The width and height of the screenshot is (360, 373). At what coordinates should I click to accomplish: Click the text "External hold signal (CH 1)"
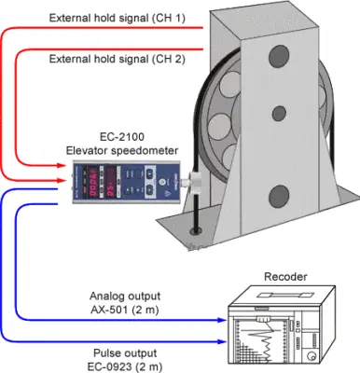(x=118, y=19)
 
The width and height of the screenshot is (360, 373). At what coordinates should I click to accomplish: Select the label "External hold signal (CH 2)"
(x=118, y=59)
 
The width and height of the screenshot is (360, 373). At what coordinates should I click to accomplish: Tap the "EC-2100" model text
(x=122, y=136)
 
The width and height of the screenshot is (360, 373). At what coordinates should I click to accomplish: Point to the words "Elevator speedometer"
(x=122, y=151)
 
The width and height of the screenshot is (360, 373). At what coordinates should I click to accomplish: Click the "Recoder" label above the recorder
(x=285, y=277)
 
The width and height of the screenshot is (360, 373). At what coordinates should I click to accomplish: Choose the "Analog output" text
(x=125, y=297)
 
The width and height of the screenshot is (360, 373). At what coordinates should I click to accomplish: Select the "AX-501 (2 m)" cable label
(x=125, y=311)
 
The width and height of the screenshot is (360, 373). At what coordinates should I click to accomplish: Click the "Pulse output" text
(x=125, y=353)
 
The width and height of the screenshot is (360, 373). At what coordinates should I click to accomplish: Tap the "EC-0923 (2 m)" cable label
(x=125, y=367)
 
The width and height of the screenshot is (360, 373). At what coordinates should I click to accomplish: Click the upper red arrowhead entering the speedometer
(x=62, y=166)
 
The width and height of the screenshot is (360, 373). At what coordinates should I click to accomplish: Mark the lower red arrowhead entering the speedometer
(x=62, y=180)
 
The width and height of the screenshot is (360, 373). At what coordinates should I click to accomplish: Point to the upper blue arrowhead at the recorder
(x=222, y=320)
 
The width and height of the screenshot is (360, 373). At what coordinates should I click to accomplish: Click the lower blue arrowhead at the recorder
(x=222, y=342)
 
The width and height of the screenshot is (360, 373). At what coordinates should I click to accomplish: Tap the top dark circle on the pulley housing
(x=279, y=56)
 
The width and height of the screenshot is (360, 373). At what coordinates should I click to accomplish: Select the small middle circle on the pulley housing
(x=279, y=114)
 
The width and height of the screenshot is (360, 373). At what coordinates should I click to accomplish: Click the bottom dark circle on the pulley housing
(x=279, y=197)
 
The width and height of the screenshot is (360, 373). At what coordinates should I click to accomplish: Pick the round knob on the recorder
(x=312, y=355)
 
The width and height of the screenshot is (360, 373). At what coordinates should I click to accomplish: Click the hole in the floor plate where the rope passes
(x=196, y=231)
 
